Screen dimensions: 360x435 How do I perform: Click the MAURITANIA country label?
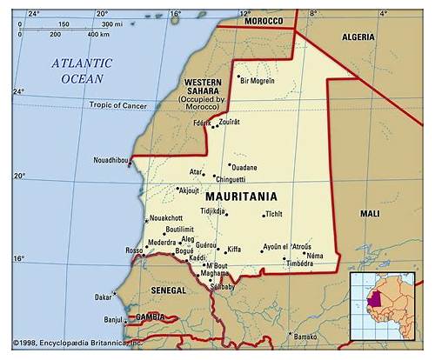pos(240,197)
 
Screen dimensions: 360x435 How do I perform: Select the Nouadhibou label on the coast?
pos(110,161)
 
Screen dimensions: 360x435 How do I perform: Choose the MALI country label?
pos(370,213)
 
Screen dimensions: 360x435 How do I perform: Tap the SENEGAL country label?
pos(168,290)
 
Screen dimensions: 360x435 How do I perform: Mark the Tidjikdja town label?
pos(213,210)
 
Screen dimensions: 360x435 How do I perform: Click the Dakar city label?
pos(103,297)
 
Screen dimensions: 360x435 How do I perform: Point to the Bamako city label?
pos(304,337)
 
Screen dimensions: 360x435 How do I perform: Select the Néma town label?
pos(314,256)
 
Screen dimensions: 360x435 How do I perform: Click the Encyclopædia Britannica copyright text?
pos(78,343)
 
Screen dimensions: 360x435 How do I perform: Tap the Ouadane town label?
pos(244,168)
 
